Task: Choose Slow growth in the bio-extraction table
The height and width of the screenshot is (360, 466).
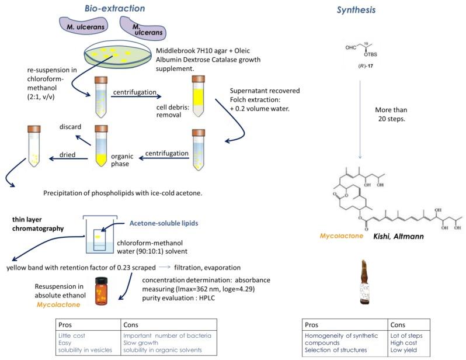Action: pyautogui.click(x=140, y=342)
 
